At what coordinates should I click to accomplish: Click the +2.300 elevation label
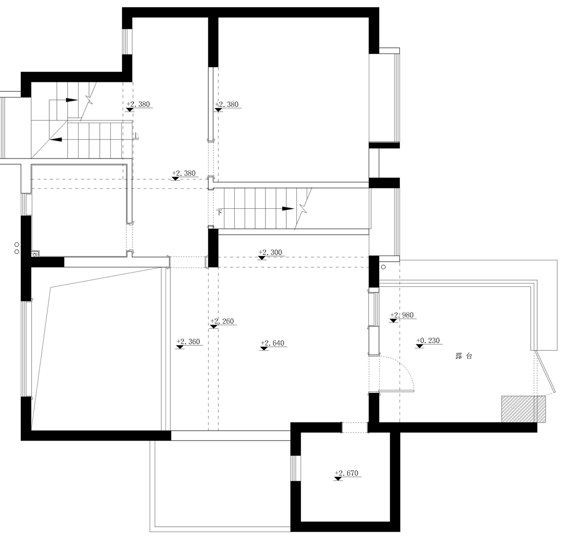click(270, 252)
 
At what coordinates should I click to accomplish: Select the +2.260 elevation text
click(222, 321)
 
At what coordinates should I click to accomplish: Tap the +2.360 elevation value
click(188, 342)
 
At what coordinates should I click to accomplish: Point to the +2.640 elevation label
click(273, 343)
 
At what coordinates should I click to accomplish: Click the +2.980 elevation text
click(402, 315)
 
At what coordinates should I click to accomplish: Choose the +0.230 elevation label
click(428, 340)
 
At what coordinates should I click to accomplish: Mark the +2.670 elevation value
click(346, 473)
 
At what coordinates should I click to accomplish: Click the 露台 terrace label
click(464, 356)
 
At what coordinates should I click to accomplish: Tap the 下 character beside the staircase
click(219, 212)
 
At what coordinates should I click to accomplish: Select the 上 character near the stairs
click(136, 135)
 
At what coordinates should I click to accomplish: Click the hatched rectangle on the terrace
click(524, 409)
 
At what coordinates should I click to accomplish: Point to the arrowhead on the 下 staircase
click(288, 209)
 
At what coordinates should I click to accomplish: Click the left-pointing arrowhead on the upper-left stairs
click(56, 140)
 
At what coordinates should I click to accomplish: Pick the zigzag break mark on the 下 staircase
click(303, 208)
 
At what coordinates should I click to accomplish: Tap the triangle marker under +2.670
click(338, 479)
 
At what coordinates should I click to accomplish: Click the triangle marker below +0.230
click(419, 346)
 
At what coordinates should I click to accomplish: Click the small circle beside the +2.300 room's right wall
click(383, 267)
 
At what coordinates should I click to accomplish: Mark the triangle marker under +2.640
click(264, 349)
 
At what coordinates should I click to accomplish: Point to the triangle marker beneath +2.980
click(393, 321)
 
